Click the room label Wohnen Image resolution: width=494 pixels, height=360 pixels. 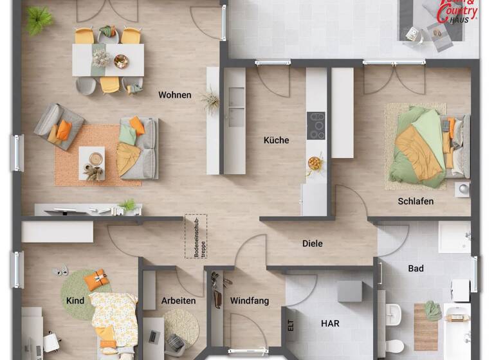point(175,95)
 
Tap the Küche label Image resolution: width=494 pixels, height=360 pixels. point(277,140)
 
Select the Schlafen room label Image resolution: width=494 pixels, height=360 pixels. point(416,201)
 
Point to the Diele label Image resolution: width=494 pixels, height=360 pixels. point(313,244)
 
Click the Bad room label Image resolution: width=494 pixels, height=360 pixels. point(416,268)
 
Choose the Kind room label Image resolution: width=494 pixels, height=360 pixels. point(75,300)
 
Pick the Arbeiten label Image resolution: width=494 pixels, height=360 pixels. point(179,300)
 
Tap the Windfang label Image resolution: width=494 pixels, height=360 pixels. point(249,300)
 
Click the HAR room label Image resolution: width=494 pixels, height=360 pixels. point(331,323)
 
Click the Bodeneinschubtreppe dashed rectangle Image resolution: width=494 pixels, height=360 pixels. point(196,237)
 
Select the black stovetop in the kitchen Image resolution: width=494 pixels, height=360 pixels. point(316,125)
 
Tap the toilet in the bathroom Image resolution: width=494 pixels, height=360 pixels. point(396,345)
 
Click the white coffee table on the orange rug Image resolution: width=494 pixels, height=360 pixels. point(91,161)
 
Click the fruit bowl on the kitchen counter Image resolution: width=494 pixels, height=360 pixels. point(315,163)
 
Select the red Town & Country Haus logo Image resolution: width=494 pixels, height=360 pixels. point(458,11)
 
